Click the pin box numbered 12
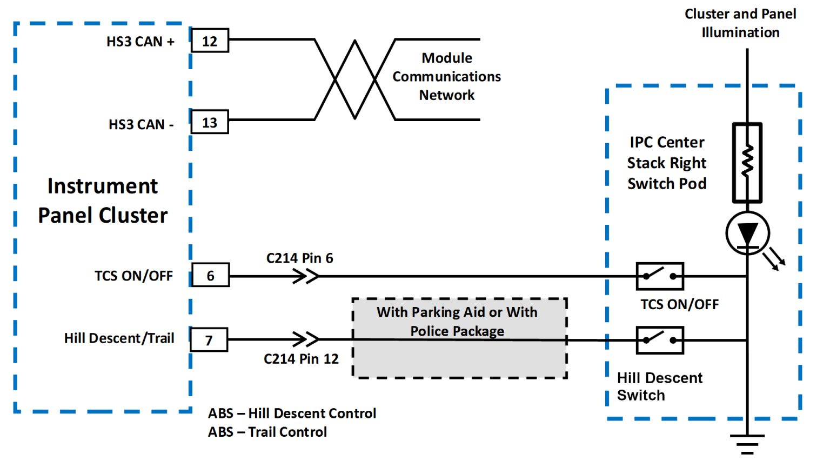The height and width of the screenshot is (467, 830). pos(210,41)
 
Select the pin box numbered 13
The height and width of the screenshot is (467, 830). pos(210,123)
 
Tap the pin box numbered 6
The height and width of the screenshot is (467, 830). pos(210,276)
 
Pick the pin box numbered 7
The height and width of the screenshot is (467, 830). pos(209,340)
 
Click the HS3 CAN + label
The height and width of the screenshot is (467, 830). pos(140,42)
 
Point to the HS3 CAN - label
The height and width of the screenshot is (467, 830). pos(141,125)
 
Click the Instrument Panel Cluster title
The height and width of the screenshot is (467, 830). pos(103,201)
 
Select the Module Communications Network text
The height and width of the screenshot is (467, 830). pos(446,76)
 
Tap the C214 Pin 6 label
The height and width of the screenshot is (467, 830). pos(299,258)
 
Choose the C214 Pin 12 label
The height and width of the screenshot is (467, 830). pos(301,359)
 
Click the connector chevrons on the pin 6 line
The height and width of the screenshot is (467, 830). pos(306,276)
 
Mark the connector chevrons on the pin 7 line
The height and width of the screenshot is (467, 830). pos(306,339)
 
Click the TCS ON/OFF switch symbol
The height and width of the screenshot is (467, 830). pos(660,276)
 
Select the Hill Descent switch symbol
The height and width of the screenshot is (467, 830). pos(660,340)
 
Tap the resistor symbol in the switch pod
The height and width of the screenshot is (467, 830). pos(747,162)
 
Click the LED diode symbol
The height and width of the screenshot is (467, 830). pos(748,234)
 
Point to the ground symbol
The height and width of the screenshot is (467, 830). pos(747,444)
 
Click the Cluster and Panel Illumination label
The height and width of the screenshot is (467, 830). pos(740,23)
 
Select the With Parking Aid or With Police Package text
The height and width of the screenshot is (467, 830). pos(457,322)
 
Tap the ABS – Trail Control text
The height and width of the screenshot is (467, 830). pos(267,432)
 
